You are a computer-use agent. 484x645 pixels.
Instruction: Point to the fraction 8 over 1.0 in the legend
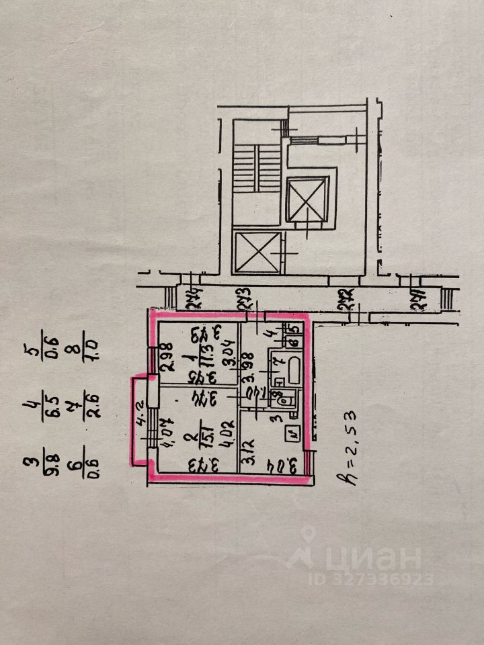point(93,348)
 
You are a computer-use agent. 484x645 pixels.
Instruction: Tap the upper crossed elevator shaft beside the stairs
point(307,199)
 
